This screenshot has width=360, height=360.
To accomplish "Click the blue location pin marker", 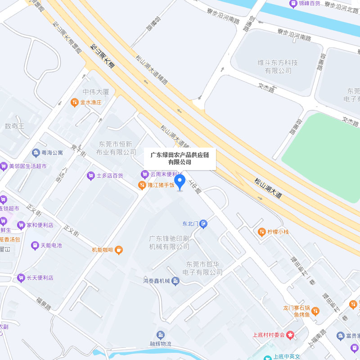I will point(180,182).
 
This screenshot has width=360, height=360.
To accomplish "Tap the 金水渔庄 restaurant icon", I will point(75,103).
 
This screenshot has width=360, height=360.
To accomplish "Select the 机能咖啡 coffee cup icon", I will point(119,249).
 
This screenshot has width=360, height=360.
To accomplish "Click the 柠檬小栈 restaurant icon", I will point(261,232).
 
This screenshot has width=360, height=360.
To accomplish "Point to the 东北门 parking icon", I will point(204,223).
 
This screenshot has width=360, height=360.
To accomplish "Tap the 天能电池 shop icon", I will point(35,246).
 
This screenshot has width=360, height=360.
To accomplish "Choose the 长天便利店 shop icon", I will point(21,278).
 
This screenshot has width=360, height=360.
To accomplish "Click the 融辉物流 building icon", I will point(161,334).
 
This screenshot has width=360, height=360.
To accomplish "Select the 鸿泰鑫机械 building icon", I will point(175,281).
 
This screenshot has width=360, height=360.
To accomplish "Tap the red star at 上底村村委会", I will point(291,335).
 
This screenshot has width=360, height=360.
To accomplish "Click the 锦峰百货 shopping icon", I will point(293,4).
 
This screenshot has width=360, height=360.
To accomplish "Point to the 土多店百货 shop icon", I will point(90,175).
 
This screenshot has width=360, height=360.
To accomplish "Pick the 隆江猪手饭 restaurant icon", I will point(142,184).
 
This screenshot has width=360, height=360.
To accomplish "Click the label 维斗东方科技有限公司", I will point(278,67).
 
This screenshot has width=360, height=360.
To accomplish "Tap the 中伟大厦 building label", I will point(96,92).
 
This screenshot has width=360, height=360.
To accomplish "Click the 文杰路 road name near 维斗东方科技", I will point(266,86).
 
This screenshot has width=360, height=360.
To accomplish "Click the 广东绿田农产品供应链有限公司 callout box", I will point(180,158).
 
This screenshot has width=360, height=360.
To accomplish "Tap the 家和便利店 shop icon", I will point(21,225).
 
